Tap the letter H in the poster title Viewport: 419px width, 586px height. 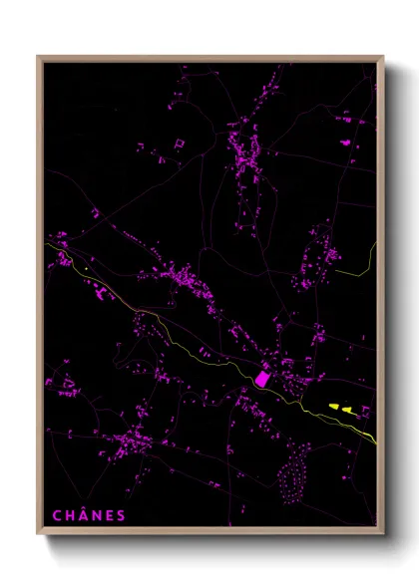tap(70, 515)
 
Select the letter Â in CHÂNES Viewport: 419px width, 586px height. tap(84, 515)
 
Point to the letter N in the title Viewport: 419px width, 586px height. tap(98, 515)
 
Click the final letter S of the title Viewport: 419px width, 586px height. tap(122, 515)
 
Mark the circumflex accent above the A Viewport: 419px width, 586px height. tap(84, 508)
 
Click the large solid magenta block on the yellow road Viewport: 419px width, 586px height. tap(263, 379)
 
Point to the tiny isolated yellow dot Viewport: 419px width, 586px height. tap(87, 267)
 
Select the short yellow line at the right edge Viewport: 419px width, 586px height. tap(354, 267)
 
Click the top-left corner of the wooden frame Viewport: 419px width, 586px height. tap(39, 57)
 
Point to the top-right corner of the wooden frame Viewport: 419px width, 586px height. tap(382, 57)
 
